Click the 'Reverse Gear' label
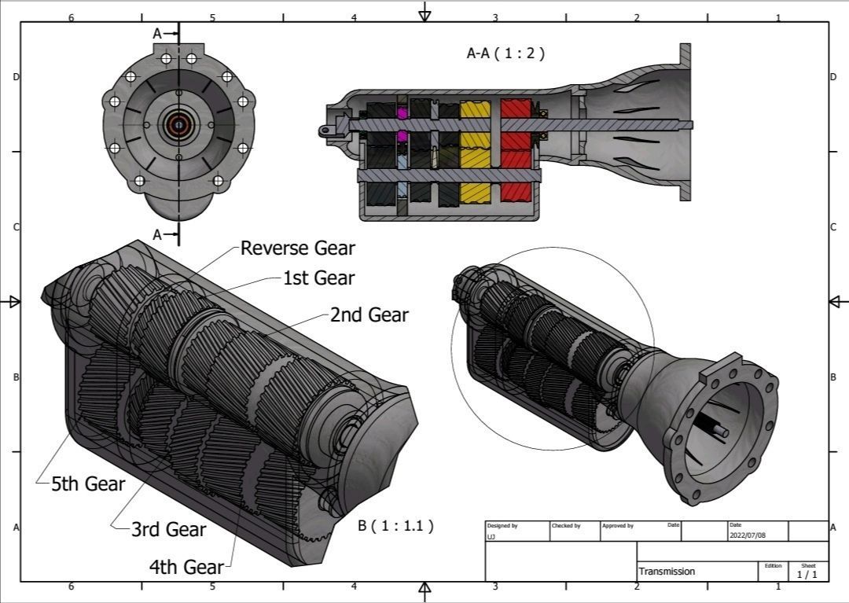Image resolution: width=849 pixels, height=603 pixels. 297,248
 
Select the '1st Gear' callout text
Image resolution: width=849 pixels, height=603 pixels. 318,278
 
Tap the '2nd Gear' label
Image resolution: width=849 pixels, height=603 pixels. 369,315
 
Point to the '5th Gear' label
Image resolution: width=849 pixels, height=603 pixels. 88,484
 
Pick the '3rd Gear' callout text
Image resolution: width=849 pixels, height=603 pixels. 168,530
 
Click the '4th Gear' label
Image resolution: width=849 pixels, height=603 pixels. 186,567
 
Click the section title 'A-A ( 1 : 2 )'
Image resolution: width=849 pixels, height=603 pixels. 505,53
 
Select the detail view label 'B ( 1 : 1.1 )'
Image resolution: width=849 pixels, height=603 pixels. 395,526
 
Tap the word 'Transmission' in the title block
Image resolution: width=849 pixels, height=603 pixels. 667,572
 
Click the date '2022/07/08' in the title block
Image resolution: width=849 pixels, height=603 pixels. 747,535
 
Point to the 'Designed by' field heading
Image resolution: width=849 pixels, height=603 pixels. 502,525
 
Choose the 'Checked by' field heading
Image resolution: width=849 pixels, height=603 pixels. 566,525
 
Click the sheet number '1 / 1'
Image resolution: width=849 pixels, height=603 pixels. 807,575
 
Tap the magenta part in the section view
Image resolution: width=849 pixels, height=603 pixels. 403,114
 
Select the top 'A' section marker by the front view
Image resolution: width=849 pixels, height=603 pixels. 157,34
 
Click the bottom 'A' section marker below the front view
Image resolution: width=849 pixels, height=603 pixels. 157,234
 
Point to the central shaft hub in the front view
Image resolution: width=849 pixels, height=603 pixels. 178,124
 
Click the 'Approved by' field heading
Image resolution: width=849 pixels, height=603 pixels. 617,525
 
